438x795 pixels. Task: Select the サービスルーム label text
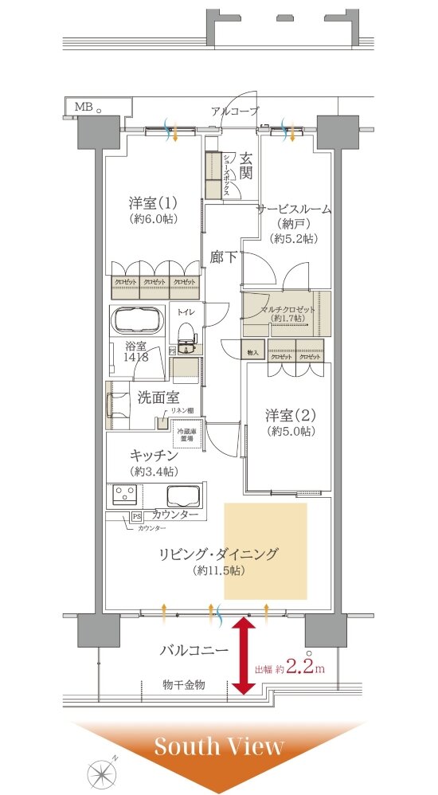pos(293,209)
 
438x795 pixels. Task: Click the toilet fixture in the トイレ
pos(186,334)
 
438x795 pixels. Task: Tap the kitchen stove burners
pos(124,494)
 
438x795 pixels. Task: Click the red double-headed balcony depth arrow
pos(242,657)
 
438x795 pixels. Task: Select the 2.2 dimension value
pos(299,668)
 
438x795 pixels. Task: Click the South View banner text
pos(218,746)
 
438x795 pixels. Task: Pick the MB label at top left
pos(83,106)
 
